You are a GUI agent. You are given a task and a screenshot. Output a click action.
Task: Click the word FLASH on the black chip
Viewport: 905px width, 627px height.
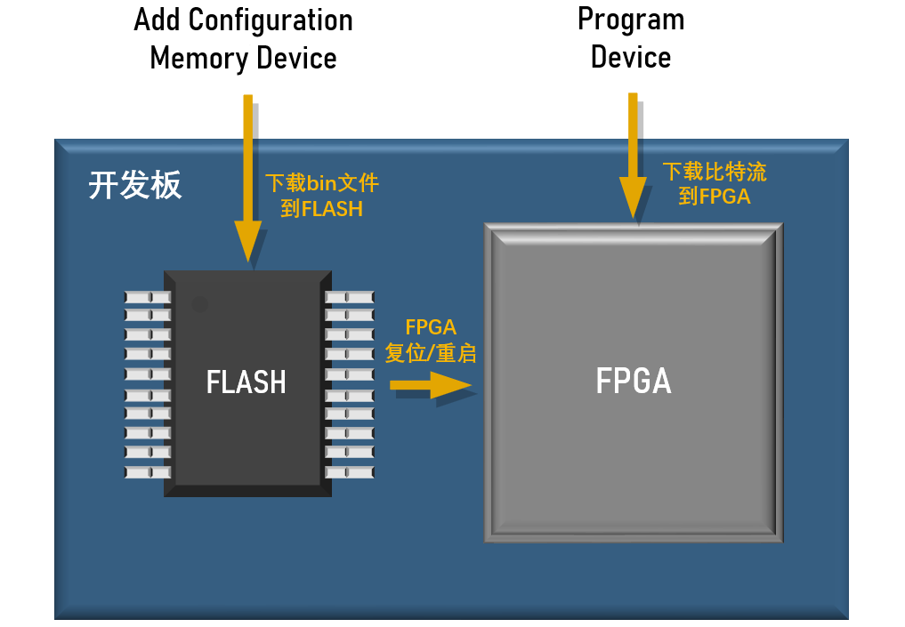(x=246, y=382)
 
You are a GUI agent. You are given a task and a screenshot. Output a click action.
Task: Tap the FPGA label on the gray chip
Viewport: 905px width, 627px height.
(x=634, y=381)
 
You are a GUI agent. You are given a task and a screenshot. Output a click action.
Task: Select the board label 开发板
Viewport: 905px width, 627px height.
(x=135, y=186)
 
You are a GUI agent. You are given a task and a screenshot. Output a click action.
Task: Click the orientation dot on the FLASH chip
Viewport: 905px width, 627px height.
(x=200, y=304)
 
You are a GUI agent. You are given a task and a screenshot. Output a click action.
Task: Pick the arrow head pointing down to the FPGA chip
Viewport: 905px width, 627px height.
(x=634, y=197)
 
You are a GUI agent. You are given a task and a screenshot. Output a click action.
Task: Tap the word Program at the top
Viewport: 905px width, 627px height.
(x=631, y=19)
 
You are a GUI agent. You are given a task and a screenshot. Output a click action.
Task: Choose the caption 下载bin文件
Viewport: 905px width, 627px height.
(x=322, y=183)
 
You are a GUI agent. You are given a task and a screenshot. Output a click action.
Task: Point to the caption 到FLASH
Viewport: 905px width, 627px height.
(x=322, y=209)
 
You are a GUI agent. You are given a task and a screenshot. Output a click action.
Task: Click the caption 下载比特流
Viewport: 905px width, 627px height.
(x=715, y=172)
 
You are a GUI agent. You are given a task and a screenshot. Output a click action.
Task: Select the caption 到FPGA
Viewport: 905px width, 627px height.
(x=715, y=197)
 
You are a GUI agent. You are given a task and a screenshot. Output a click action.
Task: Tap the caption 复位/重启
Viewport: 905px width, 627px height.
(x=431, y=353)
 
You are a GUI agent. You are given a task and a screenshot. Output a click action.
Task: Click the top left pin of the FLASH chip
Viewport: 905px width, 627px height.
(x=147, y=296)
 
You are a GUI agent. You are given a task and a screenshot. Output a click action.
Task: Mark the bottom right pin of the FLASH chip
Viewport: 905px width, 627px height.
(x=350, y=471)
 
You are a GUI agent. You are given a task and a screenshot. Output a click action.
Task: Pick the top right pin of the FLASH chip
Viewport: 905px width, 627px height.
(x=350, y=296)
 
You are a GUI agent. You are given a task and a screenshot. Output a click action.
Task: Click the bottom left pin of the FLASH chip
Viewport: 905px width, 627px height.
(x=147, y=471)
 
